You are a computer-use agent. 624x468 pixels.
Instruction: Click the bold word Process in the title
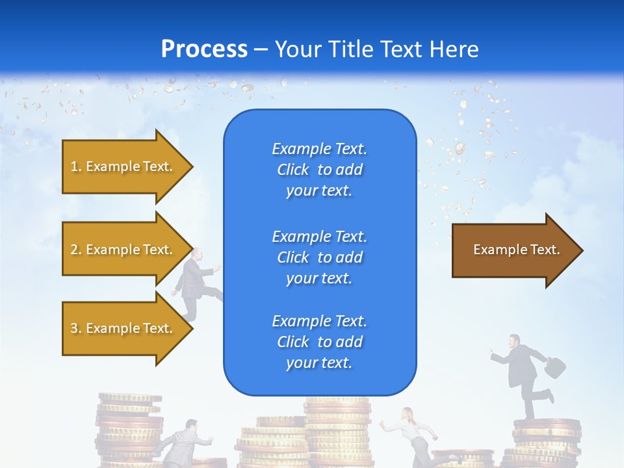click(x=204, y=49)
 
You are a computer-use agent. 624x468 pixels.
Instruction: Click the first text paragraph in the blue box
click(x=319, y=170)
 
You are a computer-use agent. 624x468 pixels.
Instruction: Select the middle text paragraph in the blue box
click(x=319, y=257)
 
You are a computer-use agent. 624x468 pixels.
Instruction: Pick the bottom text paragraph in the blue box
click(x=319, y=342)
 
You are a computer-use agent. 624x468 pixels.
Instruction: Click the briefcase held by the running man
click(x=555, y=368)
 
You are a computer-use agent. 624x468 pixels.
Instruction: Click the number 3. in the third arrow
click(x=75, y=328)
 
